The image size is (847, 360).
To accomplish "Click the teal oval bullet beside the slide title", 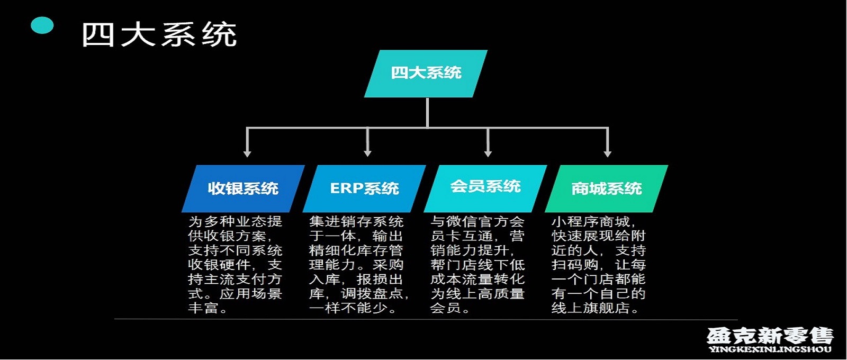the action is (x=42, y=25).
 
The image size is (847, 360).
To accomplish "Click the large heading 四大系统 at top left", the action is (x=159, y=34).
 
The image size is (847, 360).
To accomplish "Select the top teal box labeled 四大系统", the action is (x=426, y=74).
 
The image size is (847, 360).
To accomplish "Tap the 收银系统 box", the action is (x=243, y=188).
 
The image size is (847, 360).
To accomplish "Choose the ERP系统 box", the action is (x=365, y=188).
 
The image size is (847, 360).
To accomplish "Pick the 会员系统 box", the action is (x=485, y=188).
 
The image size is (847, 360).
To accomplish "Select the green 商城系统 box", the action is (x=607, y=188).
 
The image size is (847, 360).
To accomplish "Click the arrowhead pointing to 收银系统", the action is (x=247, y=154).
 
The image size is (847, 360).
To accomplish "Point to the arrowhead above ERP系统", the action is (x=367, y=154).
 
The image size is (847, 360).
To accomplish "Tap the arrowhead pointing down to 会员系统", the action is (x=488, y=154).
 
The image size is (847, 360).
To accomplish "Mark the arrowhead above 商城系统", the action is (x=608, y=154).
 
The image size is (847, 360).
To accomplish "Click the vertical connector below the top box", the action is (x=427, y=113).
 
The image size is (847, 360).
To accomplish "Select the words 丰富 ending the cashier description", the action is (x=203, y=308).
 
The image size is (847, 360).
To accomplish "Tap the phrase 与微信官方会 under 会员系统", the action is (x=477, y=221).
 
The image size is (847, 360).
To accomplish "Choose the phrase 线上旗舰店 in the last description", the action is (x=591, y=308).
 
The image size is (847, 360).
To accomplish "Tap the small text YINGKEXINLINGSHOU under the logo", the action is (x=770, y=349).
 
